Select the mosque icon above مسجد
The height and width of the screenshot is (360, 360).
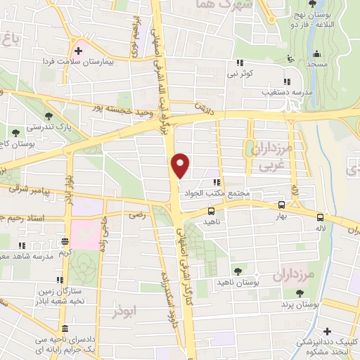point(318,54)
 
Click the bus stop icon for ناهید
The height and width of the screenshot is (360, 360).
point(212,210)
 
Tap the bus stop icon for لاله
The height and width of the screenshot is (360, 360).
point(321,217)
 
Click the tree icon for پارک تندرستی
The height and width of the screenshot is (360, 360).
point(48,117)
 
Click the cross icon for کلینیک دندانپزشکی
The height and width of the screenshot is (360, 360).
point(326,331)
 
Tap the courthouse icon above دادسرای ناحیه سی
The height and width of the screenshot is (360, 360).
point(65,329)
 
